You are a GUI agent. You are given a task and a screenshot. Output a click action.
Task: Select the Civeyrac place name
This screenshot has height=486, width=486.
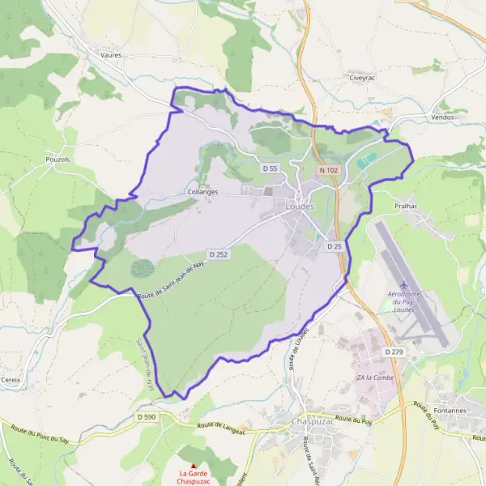click(359, 79)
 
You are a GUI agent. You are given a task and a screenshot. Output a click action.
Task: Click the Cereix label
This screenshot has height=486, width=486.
click(13, 379)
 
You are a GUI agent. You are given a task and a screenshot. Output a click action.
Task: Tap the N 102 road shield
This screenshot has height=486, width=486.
click(328, 170)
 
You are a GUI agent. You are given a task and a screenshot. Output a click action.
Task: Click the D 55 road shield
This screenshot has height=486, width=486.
click(270, 168)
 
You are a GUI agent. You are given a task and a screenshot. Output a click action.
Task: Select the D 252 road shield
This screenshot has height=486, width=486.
click(215, 254)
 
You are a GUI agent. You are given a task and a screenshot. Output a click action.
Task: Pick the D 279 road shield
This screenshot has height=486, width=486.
click(393, 352)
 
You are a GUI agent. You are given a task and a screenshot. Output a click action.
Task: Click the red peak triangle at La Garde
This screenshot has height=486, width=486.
click(193, 465)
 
